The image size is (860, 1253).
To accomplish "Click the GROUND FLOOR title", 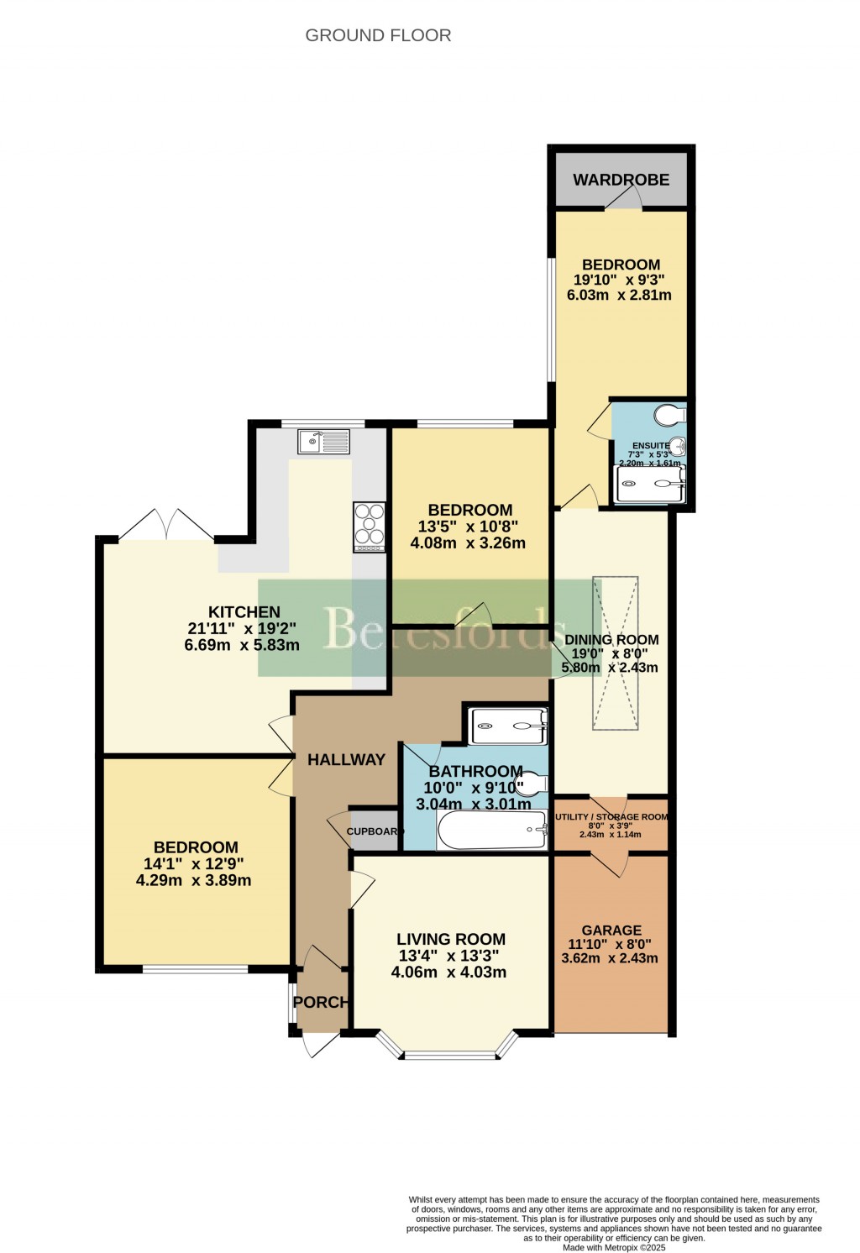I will pyautogui.click(x=378, y=35).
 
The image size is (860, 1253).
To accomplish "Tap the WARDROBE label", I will pyautogui.click(x=621, y=180).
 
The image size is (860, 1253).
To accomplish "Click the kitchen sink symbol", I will pyautogui.click(x=323, y=441).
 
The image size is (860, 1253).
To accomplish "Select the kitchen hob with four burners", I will pyautogui.click(x=370, y=527).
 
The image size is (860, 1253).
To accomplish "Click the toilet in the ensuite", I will pyautogui.click(x=670, y=415).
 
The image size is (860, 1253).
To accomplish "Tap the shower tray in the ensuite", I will pyautogui.click(x=650, y=485).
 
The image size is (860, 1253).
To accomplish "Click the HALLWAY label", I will pyautogui.click(x=346, y=759).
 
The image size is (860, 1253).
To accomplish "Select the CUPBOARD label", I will pyautogui.click(x=375, y=831).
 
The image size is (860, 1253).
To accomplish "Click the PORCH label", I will pyautogui.click(x=320, y=1002).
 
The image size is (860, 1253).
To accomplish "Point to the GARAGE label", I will pyautogui.click(x=611, y=930).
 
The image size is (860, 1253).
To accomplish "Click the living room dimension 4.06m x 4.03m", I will pyautogui.click(x=448, y=973).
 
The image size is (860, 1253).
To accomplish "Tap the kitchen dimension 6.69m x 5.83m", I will pyautogui.click(x=242, y=645).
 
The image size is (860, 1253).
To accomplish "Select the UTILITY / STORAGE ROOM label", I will pyautogui.click(x=611, y=816).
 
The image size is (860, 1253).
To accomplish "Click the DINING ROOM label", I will pyautogui.click(x=611, y=639).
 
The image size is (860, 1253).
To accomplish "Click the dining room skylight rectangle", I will pyautogui.click(x=616, y=653).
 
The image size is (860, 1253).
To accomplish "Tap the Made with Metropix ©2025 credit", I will pyautogui.click(x=614, y=1247).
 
